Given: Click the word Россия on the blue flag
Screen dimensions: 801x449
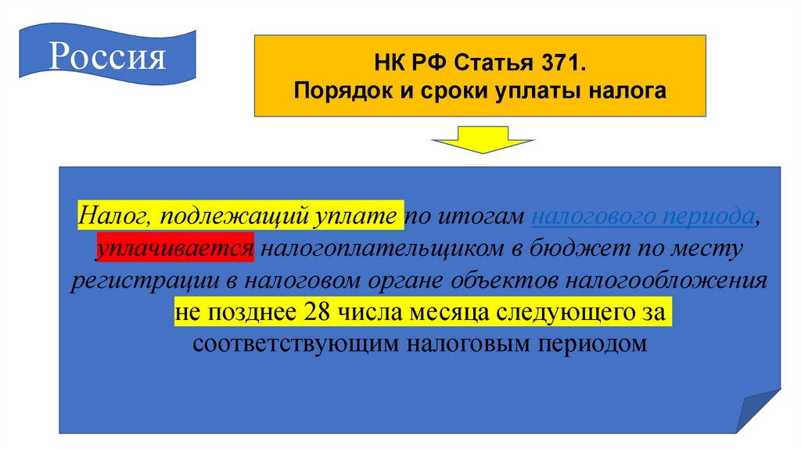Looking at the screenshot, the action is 109,56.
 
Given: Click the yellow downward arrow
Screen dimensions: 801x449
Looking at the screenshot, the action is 482,145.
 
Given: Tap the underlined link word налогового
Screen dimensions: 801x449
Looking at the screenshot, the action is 595,217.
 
